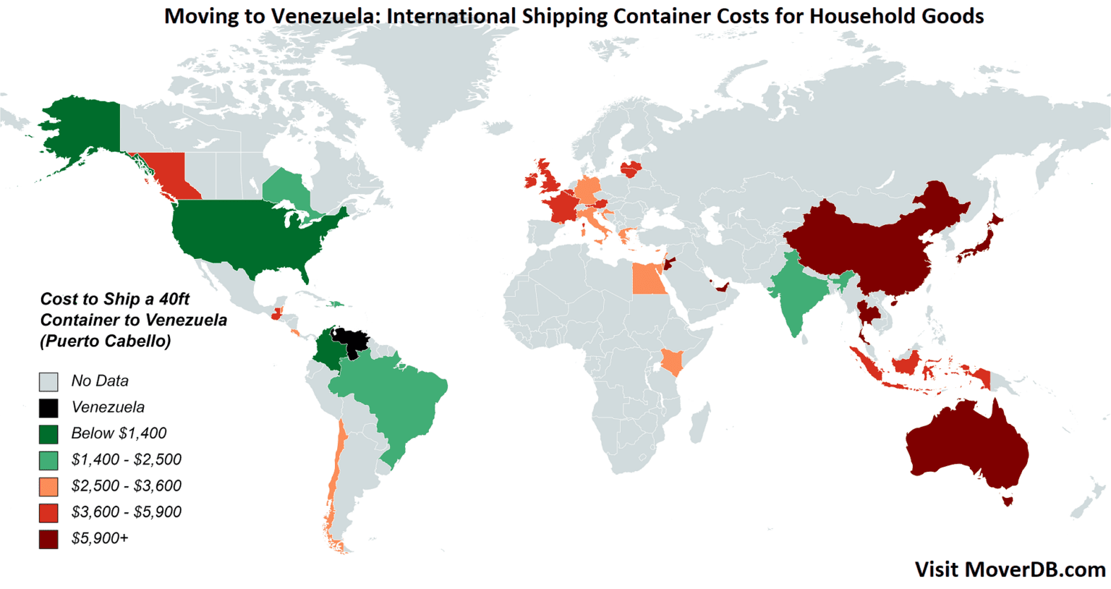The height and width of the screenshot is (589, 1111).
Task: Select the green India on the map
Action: [x=796, y=289]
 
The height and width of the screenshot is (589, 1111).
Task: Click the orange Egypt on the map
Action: [x=648, y=279]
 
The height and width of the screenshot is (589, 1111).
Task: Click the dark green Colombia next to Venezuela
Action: [x=329, y=351]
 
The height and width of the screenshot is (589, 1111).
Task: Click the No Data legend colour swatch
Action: [x=48, y=381]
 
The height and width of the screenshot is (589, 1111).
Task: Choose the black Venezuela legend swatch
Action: [x=48, y=407]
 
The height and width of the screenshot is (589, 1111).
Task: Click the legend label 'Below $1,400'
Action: [x=119, y=433]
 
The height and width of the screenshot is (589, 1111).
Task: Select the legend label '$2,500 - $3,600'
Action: [x=126, y=486]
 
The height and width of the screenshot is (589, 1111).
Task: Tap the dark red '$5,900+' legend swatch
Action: [x=48, y=538]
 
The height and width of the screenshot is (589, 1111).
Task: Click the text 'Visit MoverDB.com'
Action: [x=1010, y=569]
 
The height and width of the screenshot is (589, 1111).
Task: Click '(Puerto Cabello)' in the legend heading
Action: [x=106, y=341]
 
